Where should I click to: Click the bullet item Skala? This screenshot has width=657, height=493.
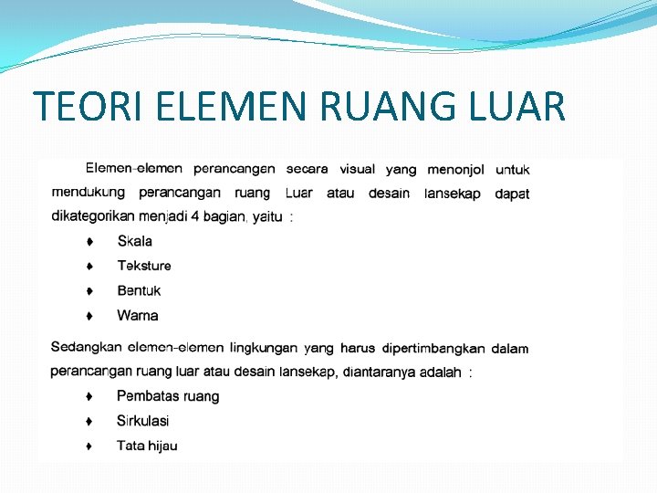pos(135,241)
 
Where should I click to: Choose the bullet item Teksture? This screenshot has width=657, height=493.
pos(144,266)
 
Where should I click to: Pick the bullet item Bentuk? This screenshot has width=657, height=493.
pos(139,290)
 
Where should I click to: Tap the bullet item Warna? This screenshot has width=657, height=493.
pos(138,316)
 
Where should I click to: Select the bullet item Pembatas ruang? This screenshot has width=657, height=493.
pos(168,396)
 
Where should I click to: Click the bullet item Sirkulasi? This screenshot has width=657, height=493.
pos(142,421)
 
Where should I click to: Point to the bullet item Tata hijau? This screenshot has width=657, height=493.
pos(147,446)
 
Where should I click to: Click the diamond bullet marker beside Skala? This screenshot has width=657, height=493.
pos(89,242)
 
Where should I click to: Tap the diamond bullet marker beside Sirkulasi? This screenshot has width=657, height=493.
pos(89,422)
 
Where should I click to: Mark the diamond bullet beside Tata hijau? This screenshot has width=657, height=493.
pos(89,446)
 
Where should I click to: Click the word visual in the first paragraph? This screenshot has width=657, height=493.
pos(357,169)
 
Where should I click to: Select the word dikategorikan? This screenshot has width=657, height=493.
pos(92,216)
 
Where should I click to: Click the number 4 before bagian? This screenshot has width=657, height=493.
pos(193,216)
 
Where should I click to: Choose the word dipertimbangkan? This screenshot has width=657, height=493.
pos(433,348)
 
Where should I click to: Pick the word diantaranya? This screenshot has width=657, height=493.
pos(380,372)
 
